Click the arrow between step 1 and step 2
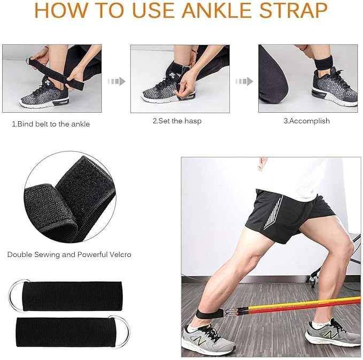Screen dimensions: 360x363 coord(117,81)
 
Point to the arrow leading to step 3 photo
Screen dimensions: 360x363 coord(244,81)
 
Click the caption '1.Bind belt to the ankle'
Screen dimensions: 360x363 coord(51,124)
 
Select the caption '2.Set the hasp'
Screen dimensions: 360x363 coord(176,121)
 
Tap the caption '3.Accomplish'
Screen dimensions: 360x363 coord(306,121)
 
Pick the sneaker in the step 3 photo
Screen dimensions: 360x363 coord(335,88)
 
